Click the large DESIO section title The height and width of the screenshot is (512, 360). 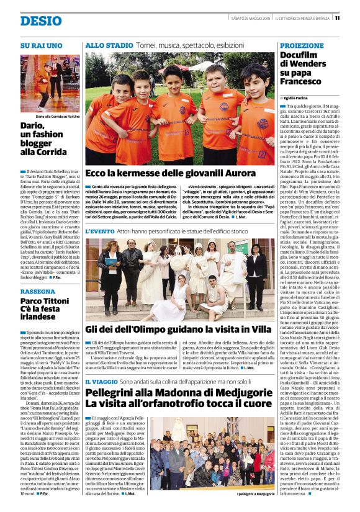41,21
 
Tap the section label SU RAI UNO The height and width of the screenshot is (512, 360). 42,45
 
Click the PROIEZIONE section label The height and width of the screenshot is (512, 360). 302,46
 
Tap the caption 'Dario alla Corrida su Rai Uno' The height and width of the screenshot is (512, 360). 50,116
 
